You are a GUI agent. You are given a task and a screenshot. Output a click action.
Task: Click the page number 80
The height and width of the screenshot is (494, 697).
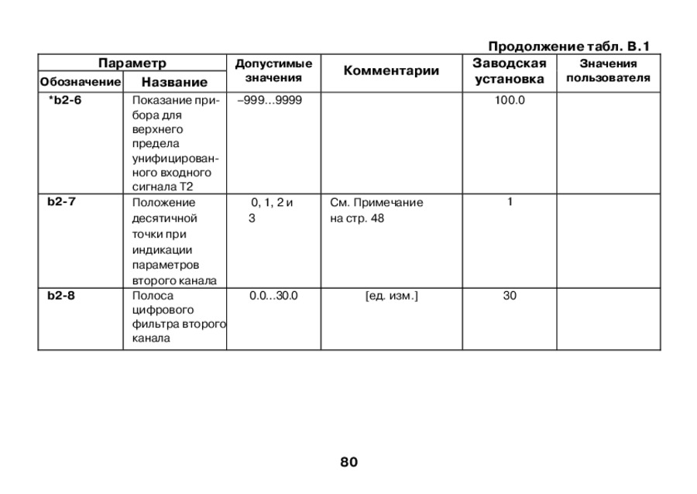click(x=348, y=462)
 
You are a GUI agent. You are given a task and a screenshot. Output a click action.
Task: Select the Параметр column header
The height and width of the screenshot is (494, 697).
click(x=132, y=63)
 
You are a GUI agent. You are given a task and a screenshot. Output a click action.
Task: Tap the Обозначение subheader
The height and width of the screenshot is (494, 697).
click(x=81, y=81)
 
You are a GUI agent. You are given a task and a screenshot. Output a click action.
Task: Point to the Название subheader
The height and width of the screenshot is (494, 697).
click(x=174, y=81)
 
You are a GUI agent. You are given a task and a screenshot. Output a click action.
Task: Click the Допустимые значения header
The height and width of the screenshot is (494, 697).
click(x=273, y=70)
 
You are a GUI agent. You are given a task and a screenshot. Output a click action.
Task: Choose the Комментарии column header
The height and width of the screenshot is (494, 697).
click(x=391, y=71)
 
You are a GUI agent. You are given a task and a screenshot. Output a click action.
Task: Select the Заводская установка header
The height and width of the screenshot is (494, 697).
click(x=509, y=71)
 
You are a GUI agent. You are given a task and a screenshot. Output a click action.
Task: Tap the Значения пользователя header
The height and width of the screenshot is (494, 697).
click(x=608, y=70)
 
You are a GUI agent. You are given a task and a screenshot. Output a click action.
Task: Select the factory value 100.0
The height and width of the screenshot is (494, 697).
click(x=510, y=100)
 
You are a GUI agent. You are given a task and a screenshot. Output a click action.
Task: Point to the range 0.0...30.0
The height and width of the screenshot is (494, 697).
click(x=273, y=295)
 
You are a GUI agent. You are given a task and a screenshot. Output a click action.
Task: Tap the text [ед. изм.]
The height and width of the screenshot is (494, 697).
click(x=391, y=295)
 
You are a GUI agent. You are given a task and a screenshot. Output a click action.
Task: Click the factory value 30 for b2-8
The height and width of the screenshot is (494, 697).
click(x=510, y=295)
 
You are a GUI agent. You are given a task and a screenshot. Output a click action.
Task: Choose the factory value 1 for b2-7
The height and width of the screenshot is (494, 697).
click(x=510, y=201)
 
